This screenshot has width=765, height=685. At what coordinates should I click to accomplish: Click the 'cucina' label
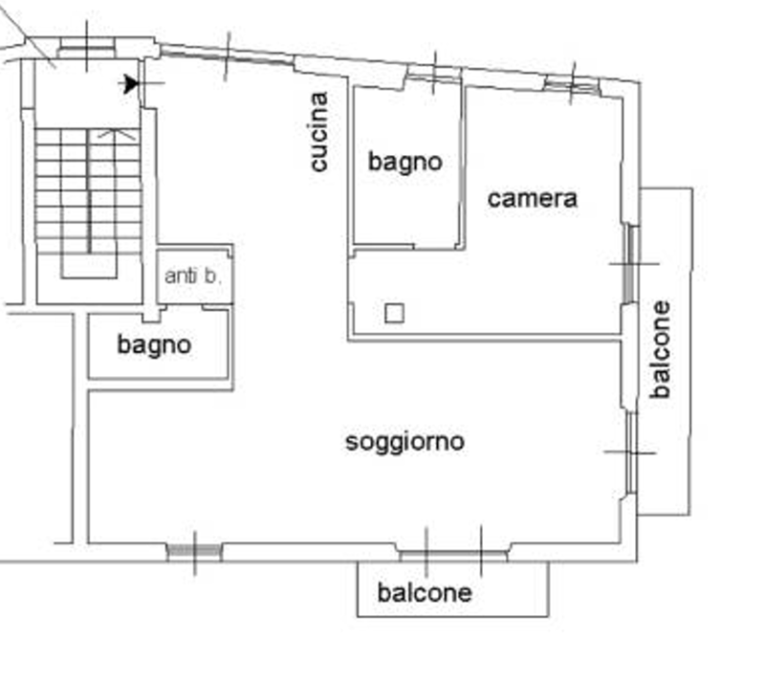click(319, 132)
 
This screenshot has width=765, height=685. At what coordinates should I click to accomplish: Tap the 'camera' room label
click(533, 199)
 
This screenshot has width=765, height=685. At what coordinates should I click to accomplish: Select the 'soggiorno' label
click(404, 443)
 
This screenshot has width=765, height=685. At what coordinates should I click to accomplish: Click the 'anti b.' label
click(193, 276)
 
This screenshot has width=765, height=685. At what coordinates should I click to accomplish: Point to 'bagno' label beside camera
click(404, 163)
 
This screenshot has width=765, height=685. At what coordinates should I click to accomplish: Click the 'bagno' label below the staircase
click(154, 345)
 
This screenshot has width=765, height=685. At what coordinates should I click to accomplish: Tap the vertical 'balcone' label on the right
click(660, 349)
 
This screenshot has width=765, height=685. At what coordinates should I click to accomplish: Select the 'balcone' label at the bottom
click(425, 593)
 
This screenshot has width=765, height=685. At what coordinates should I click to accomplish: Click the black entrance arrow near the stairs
click(130, 83)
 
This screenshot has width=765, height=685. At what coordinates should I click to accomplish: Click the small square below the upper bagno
click(394, 313)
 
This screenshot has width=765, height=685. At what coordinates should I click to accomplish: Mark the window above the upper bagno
click(434, 74)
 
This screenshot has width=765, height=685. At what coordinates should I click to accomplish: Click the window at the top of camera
click(571, 84)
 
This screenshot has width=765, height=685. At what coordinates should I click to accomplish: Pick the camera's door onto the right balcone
click(630, 264)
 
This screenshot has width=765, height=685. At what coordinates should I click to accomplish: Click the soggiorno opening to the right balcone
click(631, 453)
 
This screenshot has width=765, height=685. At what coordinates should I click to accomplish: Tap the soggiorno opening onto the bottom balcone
click(453, 553)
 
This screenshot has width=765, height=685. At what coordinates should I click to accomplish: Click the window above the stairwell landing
click(87, 48)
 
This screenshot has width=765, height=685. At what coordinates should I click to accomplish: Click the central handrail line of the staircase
click(89, 190)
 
